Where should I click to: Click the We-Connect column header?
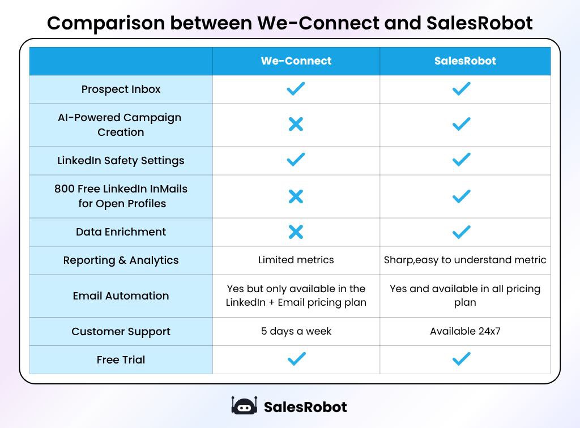(296, 61)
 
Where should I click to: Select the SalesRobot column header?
(465, 61)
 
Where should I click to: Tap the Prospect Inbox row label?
(121, 89)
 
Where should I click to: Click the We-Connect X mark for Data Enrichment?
(296, 232)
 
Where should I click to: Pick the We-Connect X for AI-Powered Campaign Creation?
(296, 125)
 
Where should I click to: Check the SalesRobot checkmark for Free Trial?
(462, 359)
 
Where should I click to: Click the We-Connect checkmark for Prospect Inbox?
(296, 89)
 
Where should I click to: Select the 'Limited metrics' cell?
(296, 260)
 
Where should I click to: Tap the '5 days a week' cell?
(296, 331)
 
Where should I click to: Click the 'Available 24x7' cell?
(465, 331)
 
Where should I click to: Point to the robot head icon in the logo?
(244, 406)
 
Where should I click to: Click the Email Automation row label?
(121, 296)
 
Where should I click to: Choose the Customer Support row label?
(121, 332)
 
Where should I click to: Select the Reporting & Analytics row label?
(121, 260)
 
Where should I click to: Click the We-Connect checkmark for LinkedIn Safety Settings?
(296, 160)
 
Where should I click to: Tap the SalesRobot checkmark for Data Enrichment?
(462, 232)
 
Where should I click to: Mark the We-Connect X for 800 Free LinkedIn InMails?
(296, 196)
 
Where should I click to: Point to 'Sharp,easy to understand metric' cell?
(465, 260)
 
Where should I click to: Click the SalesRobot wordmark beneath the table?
(305, 406)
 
